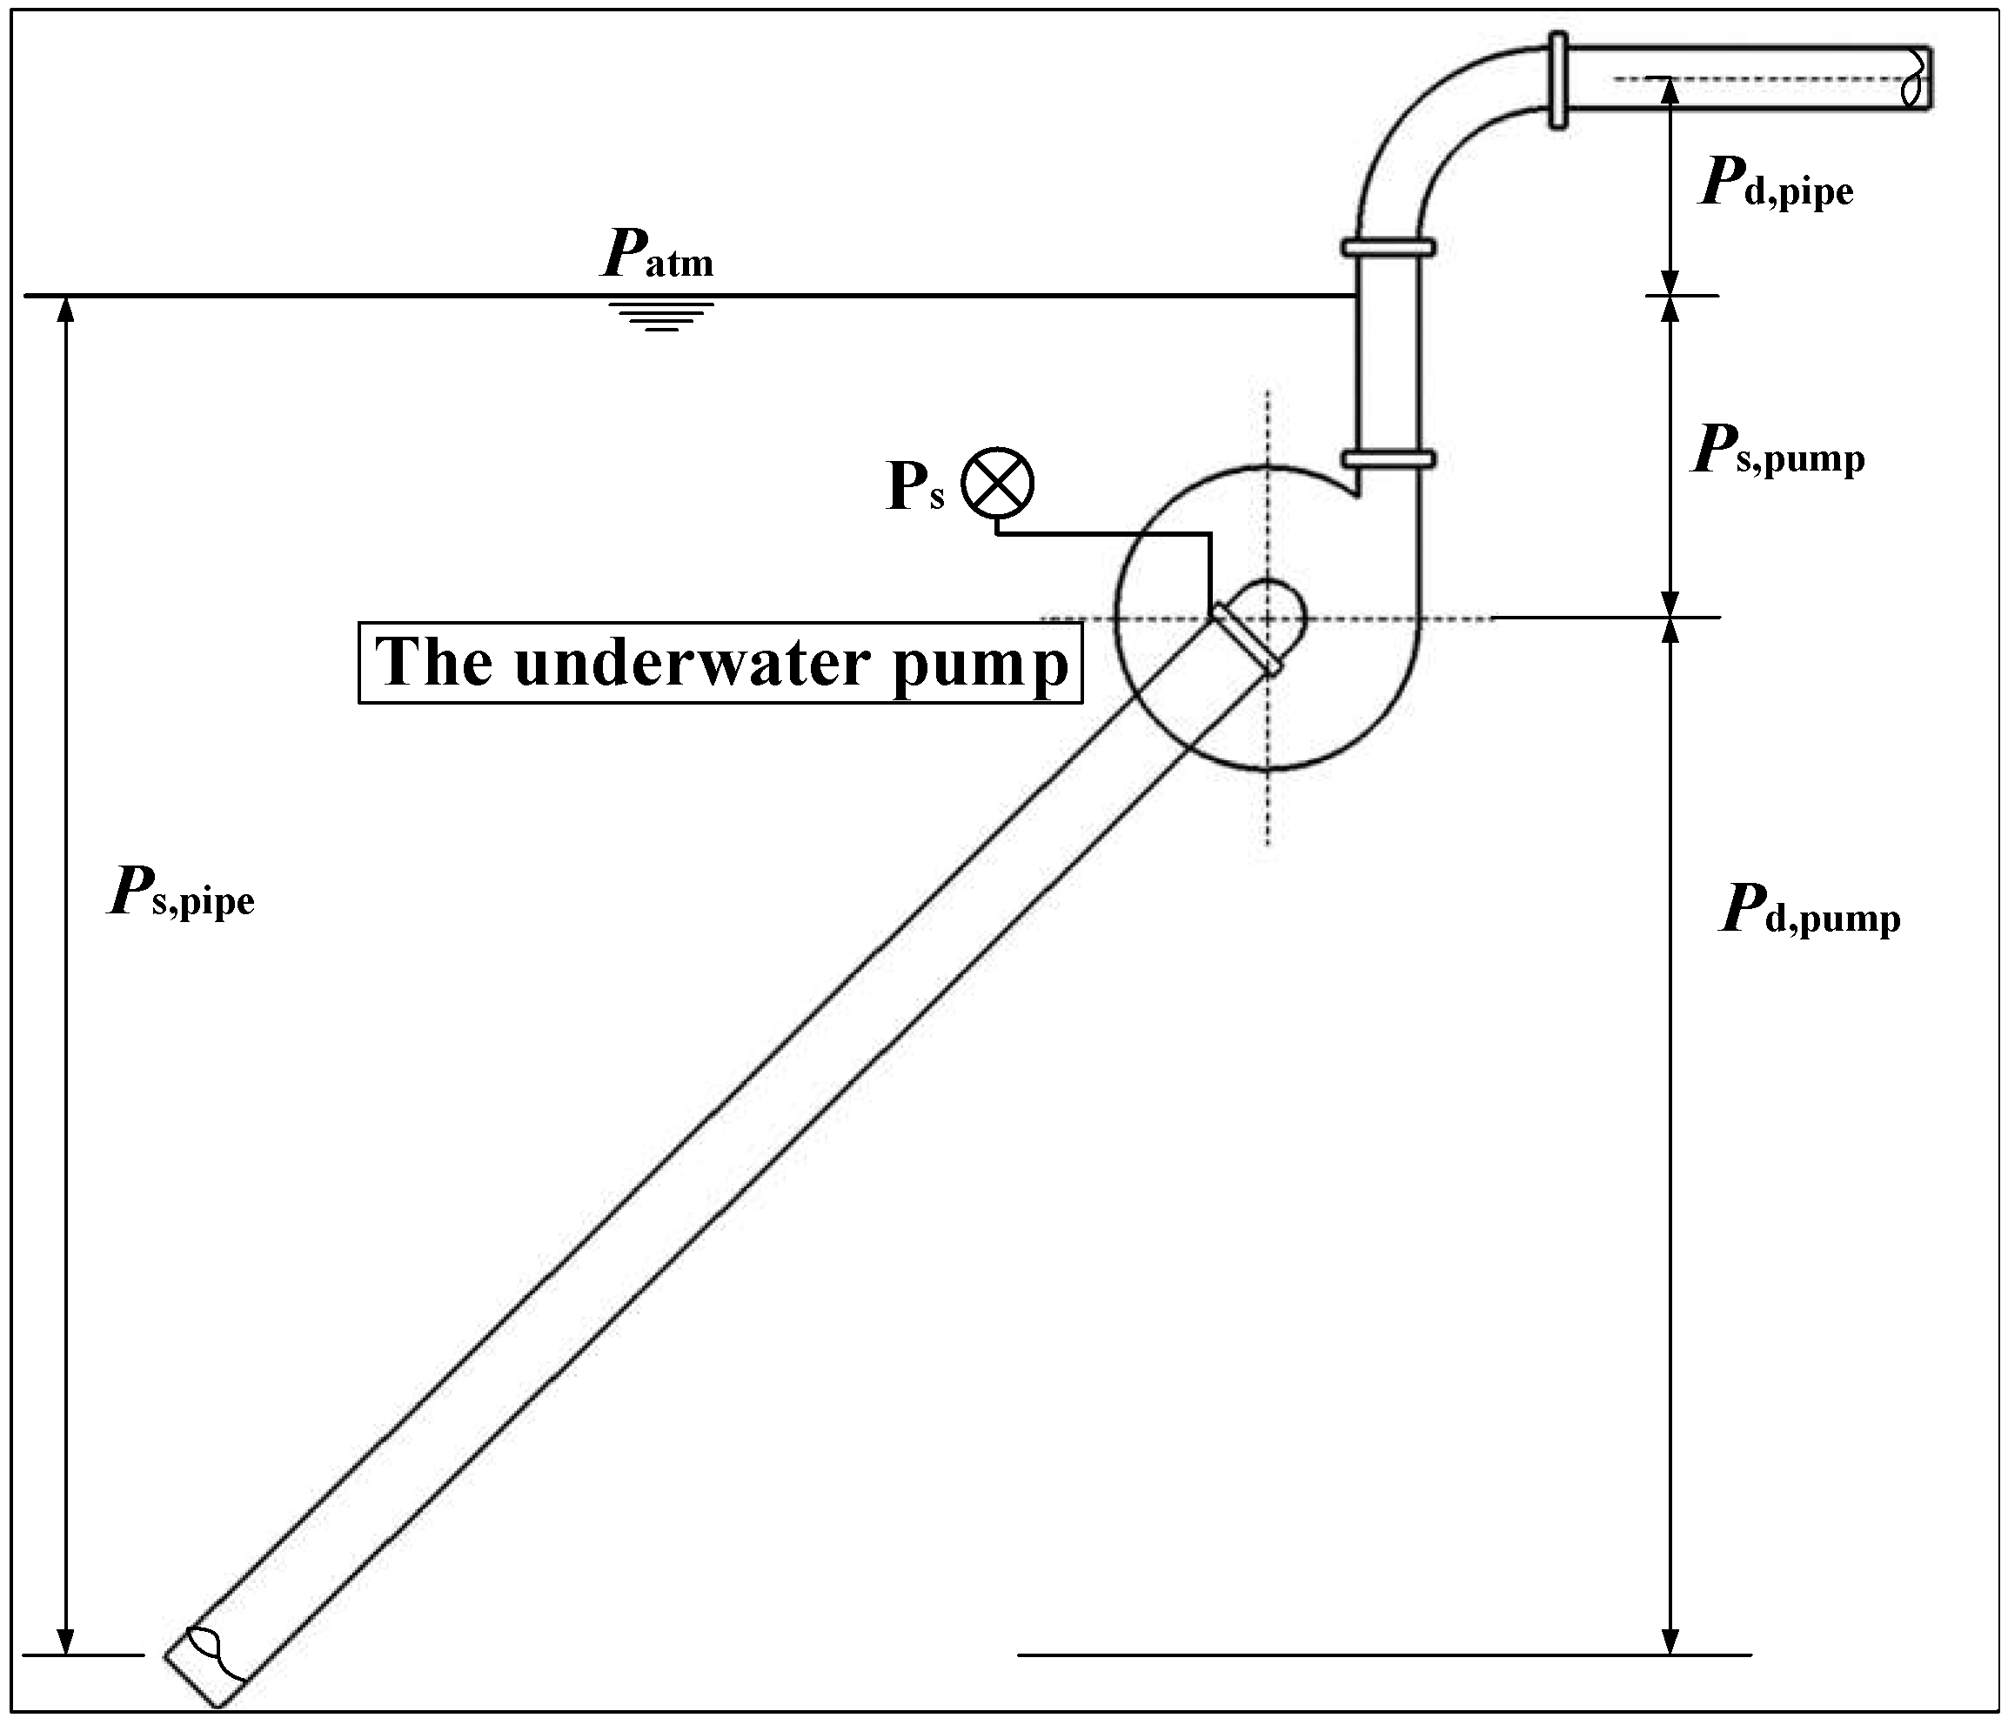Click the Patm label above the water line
[658, 255]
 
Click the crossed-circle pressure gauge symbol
[997, 483]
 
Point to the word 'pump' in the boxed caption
[980, 665]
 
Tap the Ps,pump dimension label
[1777, 451]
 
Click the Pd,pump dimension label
[1810, 911]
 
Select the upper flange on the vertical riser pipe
[1388, 247]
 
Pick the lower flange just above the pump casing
[1388, 458]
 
